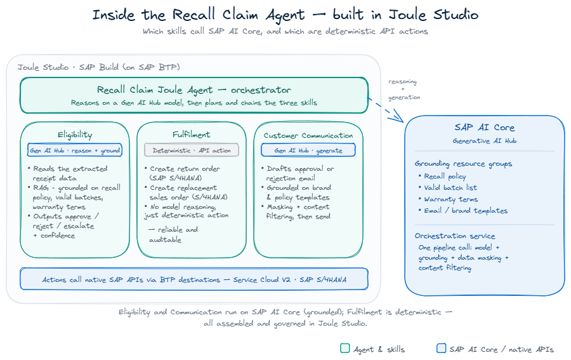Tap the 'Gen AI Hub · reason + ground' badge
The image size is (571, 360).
coord(75,150)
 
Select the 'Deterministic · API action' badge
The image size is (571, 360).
coord(192,150)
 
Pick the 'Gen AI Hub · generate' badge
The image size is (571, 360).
coord(308,150)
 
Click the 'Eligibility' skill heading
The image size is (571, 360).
coord(75,135)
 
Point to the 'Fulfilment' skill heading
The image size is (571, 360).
coord(191,135)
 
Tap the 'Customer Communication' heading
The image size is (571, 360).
coord(308,135)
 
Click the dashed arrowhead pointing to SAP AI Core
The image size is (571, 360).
coord(399,117)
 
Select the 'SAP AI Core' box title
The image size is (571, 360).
coord(484,127)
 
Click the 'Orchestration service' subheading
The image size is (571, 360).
coord(455,236)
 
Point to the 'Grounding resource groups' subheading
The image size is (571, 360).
coord(463,164)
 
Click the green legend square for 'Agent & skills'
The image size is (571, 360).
coord(345,349)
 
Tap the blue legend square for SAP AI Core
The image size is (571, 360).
coord(442,349)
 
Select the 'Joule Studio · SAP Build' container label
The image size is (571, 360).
coord(99,67)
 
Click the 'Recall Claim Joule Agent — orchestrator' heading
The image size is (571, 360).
coord(194,90)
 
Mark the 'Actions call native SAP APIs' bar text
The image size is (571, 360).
coord(194,279)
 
